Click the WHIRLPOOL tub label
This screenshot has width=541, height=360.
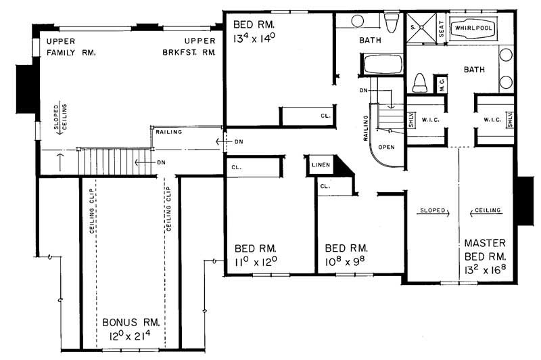474,29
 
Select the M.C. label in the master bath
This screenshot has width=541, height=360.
441,84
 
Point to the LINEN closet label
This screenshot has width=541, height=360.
319,164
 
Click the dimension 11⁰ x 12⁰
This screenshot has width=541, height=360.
256,261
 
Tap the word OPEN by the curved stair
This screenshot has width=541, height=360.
387,145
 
